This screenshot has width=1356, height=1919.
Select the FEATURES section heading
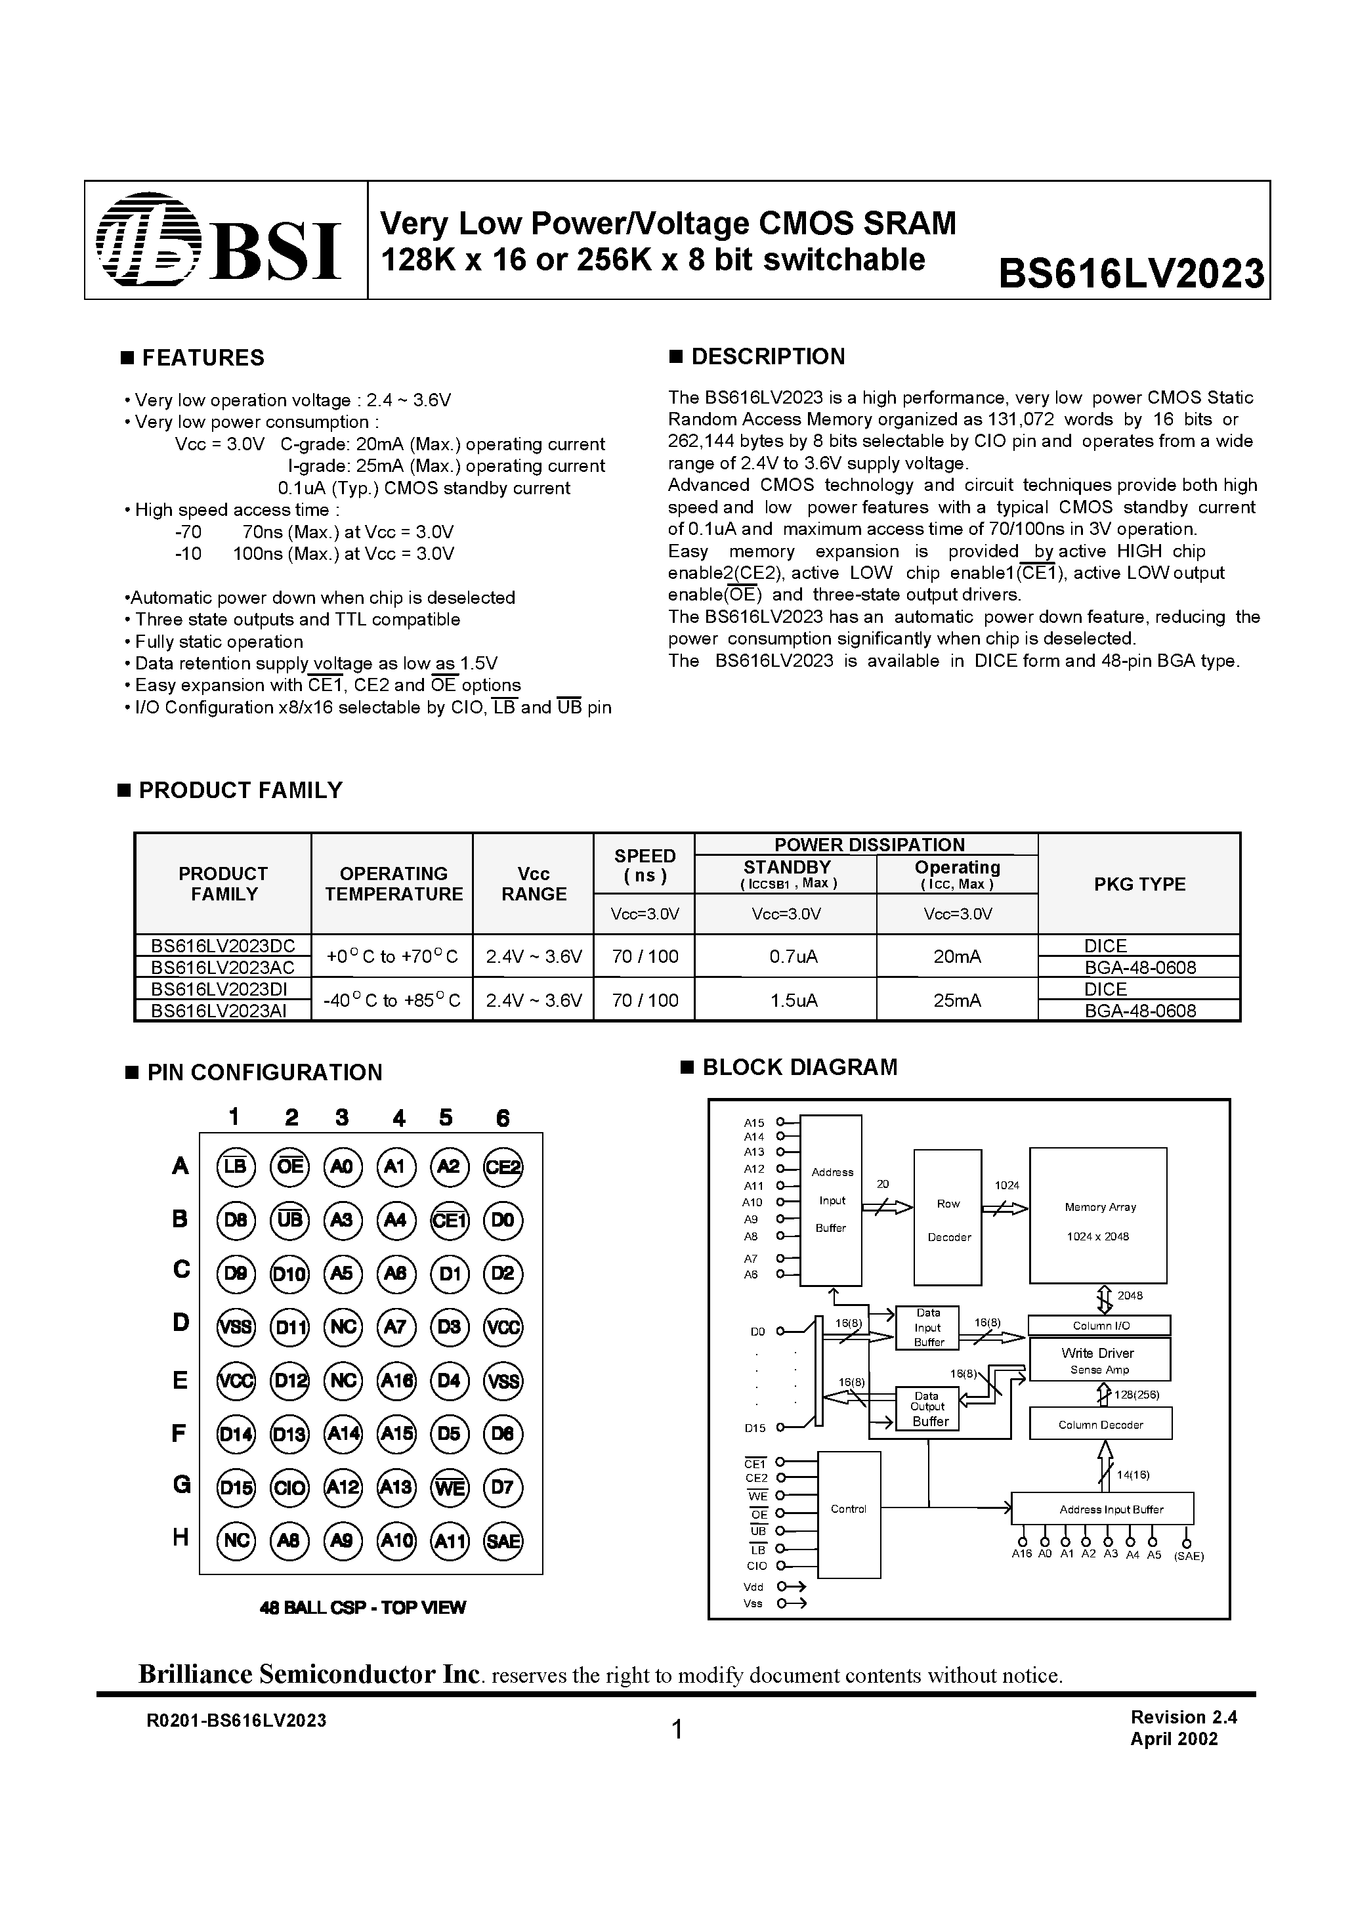click(x=202, y=358)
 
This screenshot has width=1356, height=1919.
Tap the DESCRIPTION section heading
click(x=767, y=357)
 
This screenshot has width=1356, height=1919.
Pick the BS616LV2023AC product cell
click(x=222, y=966)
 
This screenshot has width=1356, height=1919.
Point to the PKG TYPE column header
click(x=1139, y=884)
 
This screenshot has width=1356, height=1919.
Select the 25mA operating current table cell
click(x=956, y=1000)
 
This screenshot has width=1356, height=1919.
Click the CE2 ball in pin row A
click(x=503, y=1167)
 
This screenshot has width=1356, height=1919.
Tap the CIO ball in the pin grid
click(x=289, y=1487)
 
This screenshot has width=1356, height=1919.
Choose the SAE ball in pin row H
click(x=503, y=1540)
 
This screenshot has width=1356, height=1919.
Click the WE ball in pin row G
click(x=449, y=1487)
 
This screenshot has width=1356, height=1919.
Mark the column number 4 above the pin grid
click(x=399, y=1118)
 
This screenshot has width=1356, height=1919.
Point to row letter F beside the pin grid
click(x=179, y=1433)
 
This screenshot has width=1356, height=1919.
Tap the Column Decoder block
click(x=1099, y=1424)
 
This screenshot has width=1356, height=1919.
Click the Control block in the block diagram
click(x=849, y=1509)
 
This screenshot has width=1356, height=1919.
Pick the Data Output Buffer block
click(x=927, y=1408)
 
